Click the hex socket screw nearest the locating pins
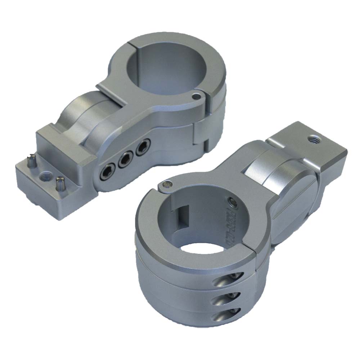107,172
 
